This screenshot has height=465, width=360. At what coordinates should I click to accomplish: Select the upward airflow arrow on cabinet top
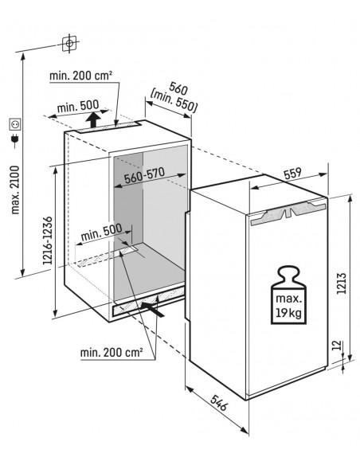pos(94,119)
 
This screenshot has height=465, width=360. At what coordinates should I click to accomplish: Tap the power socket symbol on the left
pos(14,123)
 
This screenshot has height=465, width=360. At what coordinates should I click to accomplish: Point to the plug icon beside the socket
pos(14,143)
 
